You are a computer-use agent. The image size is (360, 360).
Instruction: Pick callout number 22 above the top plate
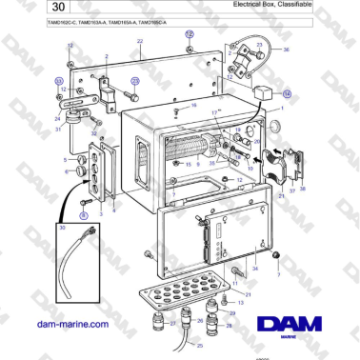(139, 43)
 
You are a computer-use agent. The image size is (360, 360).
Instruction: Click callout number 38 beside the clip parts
(303, 189)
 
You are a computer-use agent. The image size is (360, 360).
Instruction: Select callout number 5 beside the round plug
(65, 161)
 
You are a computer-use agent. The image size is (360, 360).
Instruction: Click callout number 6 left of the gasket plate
(65, 173)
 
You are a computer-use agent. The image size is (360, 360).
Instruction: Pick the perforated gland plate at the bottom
(187, 290)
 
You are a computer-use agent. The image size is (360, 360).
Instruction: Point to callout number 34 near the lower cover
(253, 270)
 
